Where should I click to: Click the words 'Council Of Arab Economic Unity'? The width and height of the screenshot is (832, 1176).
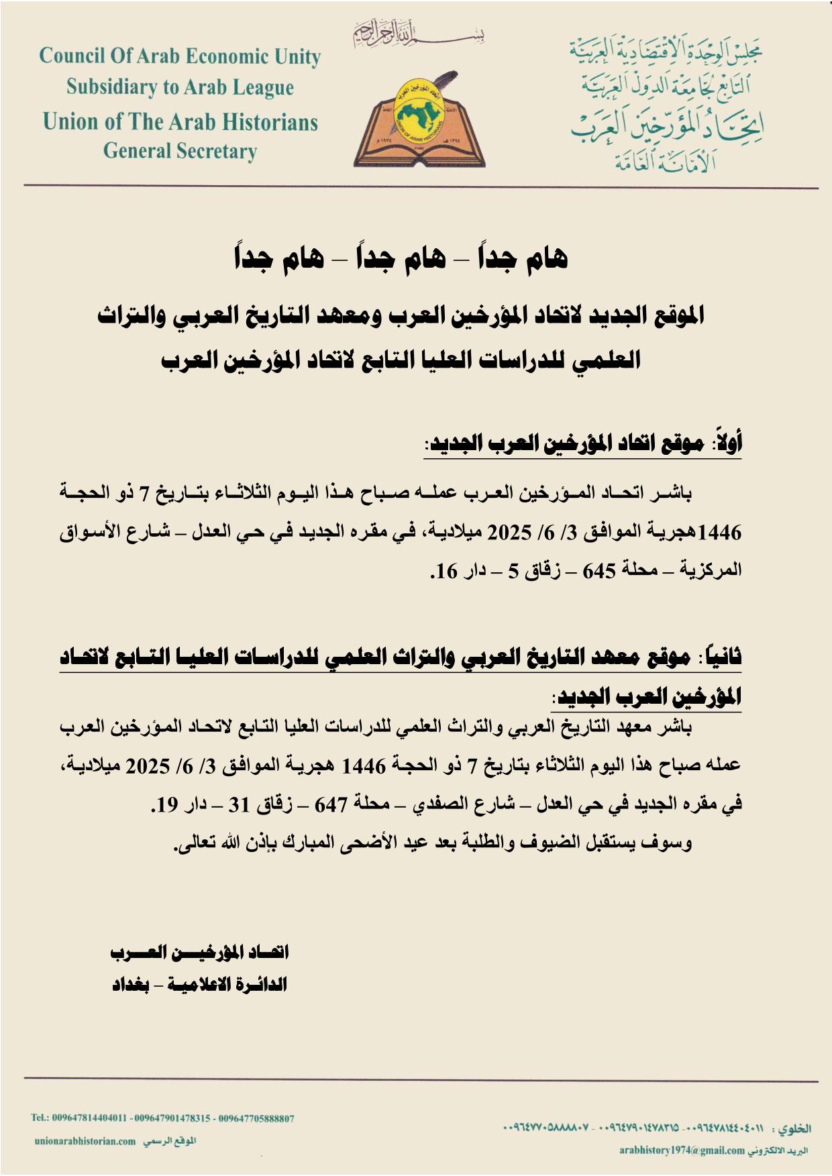tap(180, 56)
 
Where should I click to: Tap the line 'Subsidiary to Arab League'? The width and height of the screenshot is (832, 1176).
tap(180, 87)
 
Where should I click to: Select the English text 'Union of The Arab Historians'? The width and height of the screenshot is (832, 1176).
tap(180, 121)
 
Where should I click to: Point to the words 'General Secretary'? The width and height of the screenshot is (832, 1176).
tap(180, 151)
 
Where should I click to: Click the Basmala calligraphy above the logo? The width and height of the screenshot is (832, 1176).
tap(419, 32)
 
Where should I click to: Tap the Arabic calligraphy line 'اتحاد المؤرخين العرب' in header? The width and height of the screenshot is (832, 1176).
tap(667, 126)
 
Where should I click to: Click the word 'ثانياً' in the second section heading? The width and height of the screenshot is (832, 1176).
tap(723, 658)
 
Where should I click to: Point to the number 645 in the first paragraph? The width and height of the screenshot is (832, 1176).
tap(599, 571)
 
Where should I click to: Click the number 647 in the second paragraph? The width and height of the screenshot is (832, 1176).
tap(329, 804)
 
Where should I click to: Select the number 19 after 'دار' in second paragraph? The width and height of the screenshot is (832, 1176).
tap(165, 804)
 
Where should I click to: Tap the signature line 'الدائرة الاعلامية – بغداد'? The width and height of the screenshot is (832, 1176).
tap(199, 984)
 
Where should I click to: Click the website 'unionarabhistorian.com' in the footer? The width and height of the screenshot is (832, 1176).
tap(85, 1140)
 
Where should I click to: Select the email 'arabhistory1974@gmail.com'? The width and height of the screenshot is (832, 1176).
tap(682, 1151)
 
